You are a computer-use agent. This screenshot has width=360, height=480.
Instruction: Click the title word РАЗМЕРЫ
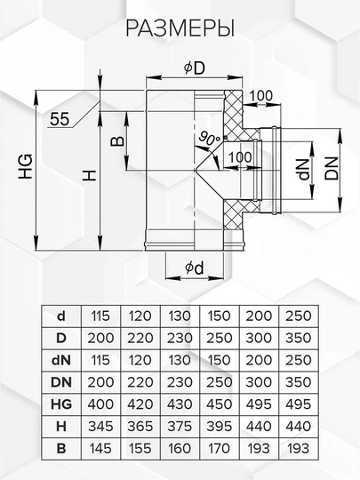pyautogui.click(x=180, y=28)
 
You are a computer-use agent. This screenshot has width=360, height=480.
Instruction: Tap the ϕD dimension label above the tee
pyautogui.click(x=195, y=68)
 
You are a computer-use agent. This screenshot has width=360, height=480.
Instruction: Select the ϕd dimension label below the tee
pyautogui.click(x=195, y=268)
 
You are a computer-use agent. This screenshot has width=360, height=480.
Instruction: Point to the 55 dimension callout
pyautogui.click(x=60, y=119)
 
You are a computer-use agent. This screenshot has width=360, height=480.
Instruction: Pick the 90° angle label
pyautogui.click(x=209, y=139)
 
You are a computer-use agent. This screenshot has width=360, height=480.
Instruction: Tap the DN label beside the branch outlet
pyautogui.click(x=332, y=168)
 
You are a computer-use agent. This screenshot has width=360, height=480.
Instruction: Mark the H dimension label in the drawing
pyautogui.click(x=90, y=175)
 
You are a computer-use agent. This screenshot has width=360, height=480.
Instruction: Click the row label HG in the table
pyautogui.click(x=61, y=404)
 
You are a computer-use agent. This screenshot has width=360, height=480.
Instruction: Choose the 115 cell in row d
pyautogui.click(x=100, y=316)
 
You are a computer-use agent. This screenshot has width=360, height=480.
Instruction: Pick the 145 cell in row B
pyautogui.click(x=100, y=449)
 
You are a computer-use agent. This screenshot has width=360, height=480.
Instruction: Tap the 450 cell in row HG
pyautogui.click(x=220, y=404)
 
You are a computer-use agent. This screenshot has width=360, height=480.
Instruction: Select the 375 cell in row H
pyautogui.click(x=180, y=427)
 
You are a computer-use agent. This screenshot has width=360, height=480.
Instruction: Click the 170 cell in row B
pyautogui.click(x=220, y=449)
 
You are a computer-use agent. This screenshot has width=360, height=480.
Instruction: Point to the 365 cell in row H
pyautogui.click(x=140, y=427)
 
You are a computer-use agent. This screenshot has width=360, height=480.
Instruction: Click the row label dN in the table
pyautogui.click(x=61, y=360)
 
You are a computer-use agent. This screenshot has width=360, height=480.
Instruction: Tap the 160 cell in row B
pyautogui.click(x=180, y=449)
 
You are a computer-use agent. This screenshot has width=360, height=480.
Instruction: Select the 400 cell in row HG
pyautogui.click(x=100, y=404)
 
